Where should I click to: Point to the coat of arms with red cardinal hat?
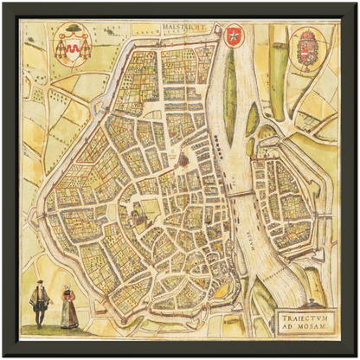pos(73,45)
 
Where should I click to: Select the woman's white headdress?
pos(67,287)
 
